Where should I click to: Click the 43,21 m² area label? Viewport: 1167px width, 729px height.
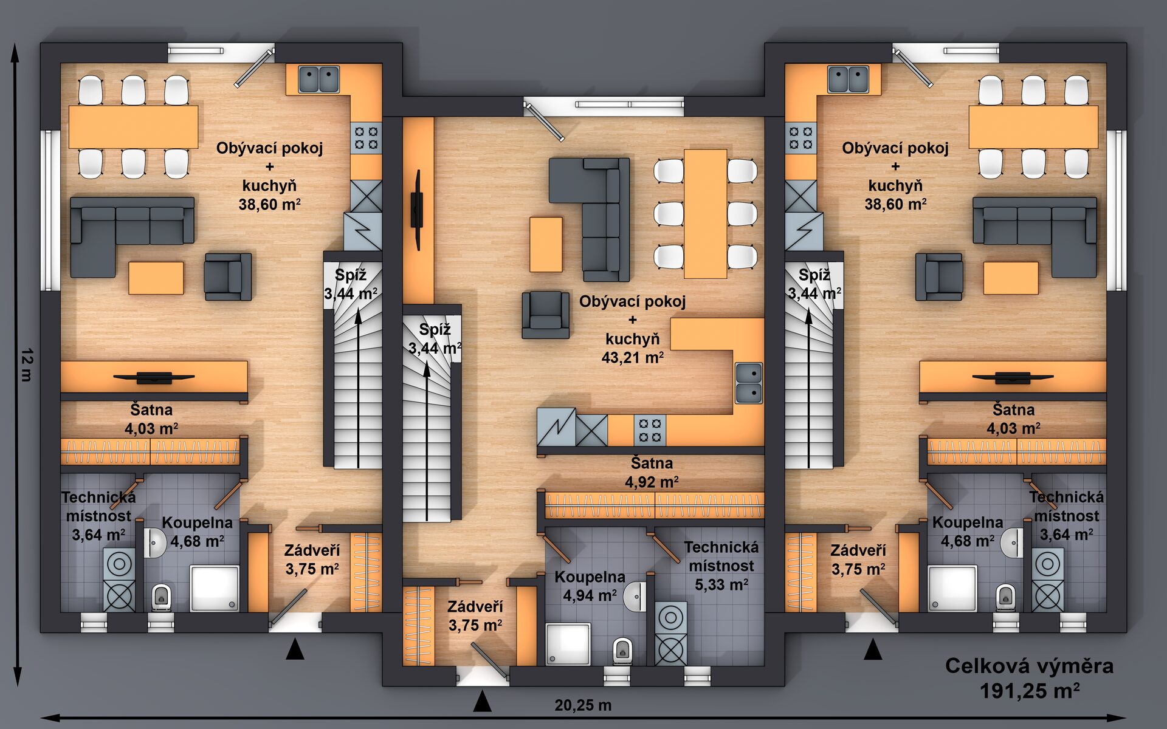pyautogui.click(x=632, y=357)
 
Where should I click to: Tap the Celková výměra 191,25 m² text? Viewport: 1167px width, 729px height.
pyautogui.click(x=1029, y=678)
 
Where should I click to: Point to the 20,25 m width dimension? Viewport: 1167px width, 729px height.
pyautogui.click(x=583, y=705)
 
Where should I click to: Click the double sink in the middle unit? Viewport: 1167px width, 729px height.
pyautogui.click(x=749, y=383)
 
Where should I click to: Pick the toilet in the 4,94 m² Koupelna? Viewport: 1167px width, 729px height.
pyautogui.click(x=622, y=651)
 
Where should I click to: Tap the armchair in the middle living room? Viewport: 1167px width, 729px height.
pyautogui.click(x=546, y=314)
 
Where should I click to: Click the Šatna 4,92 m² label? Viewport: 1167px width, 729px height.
pyautogui.click(x=652, y=473)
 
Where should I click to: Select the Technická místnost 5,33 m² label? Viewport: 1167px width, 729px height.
pyautogui.click(x=721, y=566)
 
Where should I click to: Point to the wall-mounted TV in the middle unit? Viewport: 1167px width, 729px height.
pyautogui.click(x=418, y=210)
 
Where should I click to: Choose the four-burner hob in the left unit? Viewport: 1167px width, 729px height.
pyautogui.click(x=367, y=138)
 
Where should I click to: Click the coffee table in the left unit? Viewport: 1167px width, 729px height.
pyautogui.click(x=156, y=278)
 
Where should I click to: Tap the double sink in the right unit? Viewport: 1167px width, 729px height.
pyautogui.click(x=848, y=79)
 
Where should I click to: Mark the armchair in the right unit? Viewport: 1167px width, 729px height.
pyautogui.click(x=939, y=277)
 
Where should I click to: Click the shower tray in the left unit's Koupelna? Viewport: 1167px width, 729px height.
pyautogui.click(x=215, y=588)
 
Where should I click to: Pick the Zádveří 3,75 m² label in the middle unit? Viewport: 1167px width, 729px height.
pyautogui.click(x=475, y=616)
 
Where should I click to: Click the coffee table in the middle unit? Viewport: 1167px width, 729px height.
pyautogui.click(x=546, y=244)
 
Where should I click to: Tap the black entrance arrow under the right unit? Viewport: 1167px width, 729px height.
pyautogui.click(x=873, y=649)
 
